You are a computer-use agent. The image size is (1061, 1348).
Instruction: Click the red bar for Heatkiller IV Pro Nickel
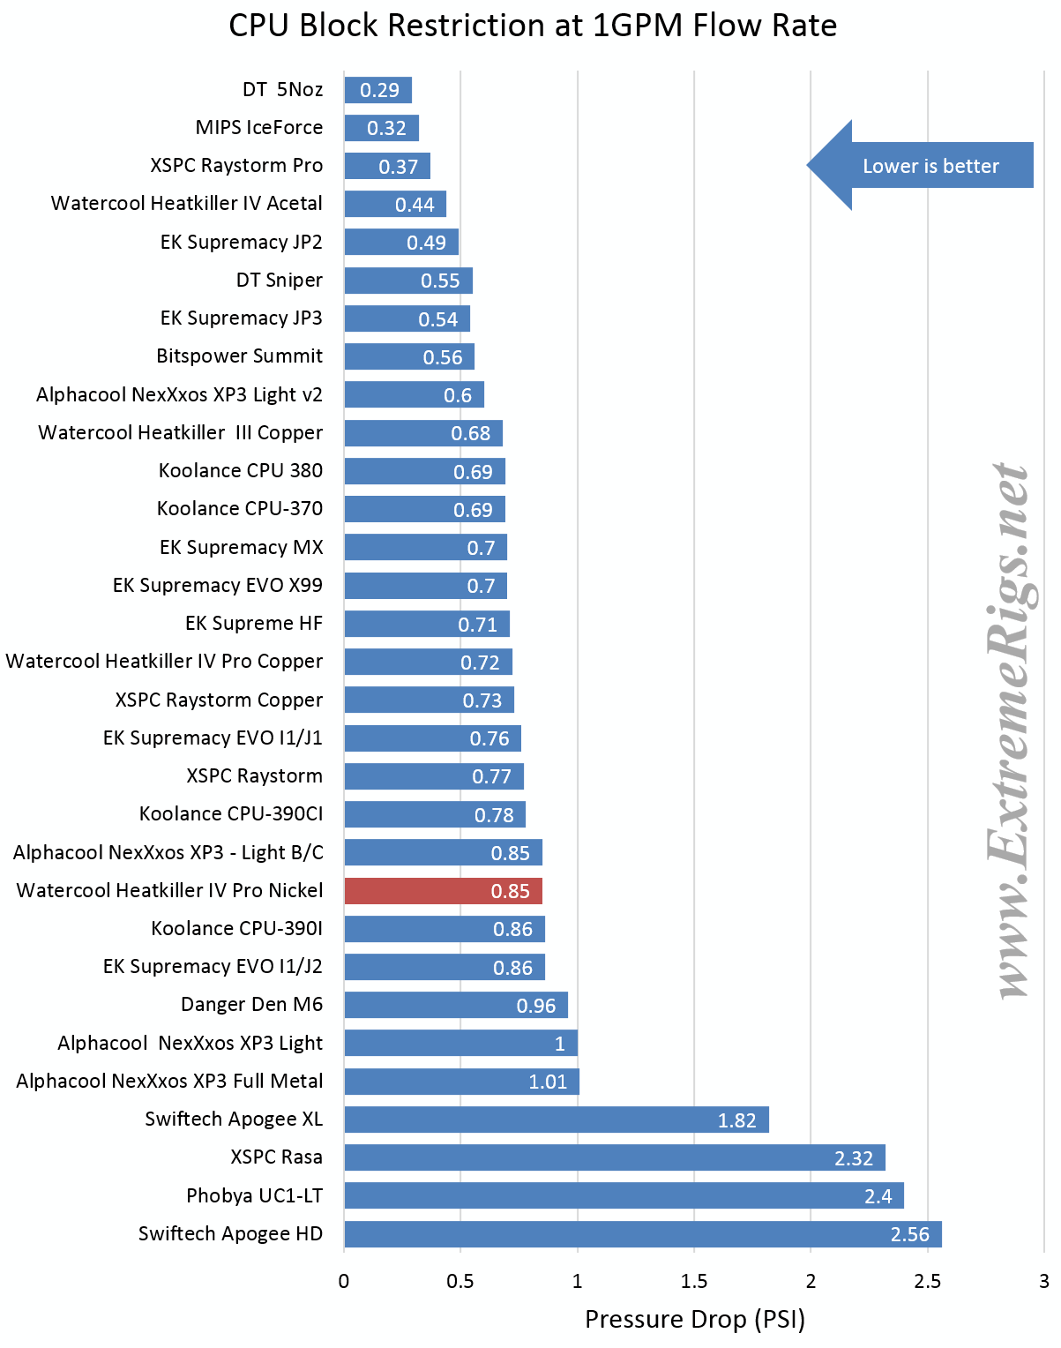point(443,891)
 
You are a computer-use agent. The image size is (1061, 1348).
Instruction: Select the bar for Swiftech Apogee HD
point(642,1234)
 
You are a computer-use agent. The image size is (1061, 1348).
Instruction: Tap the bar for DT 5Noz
point(377,90)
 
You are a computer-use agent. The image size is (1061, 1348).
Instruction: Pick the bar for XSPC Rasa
point(614,1157)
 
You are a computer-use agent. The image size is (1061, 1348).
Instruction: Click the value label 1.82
point(736,1120)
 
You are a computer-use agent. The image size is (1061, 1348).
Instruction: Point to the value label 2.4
point(878,1196)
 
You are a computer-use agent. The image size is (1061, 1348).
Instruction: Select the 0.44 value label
point(415,205)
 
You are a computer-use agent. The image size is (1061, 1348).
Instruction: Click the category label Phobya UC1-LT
point(254,1195)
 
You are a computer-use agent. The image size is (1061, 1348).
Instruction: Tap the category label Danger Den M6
point(251,1004)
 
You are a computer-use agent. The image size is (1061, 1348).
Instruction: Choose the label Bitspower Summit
point(239,356)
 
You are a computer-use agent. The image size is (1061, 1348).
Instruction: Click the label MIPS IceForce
point(258,127)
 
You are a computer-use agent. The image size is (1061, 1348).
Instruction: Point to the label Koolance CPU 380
point(240,470)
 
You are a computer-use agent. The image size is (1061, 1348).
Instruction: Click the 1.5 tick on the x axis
point(693,1281)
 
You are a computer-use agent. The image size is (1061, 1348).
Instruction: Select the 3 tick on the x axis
point(1043,1281)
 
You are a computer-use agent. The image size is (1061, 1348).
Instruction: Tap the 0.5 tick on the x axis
point(460,1281)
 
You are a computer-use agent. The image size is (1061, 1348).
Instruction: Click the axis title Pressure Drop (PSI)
point(694,1319)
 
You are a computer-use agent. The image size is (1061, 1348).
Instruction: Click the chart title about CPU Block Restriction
point(532,26)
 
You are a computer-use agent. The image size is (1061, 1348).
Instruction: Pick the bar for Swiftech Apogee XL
point(556,1120)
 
